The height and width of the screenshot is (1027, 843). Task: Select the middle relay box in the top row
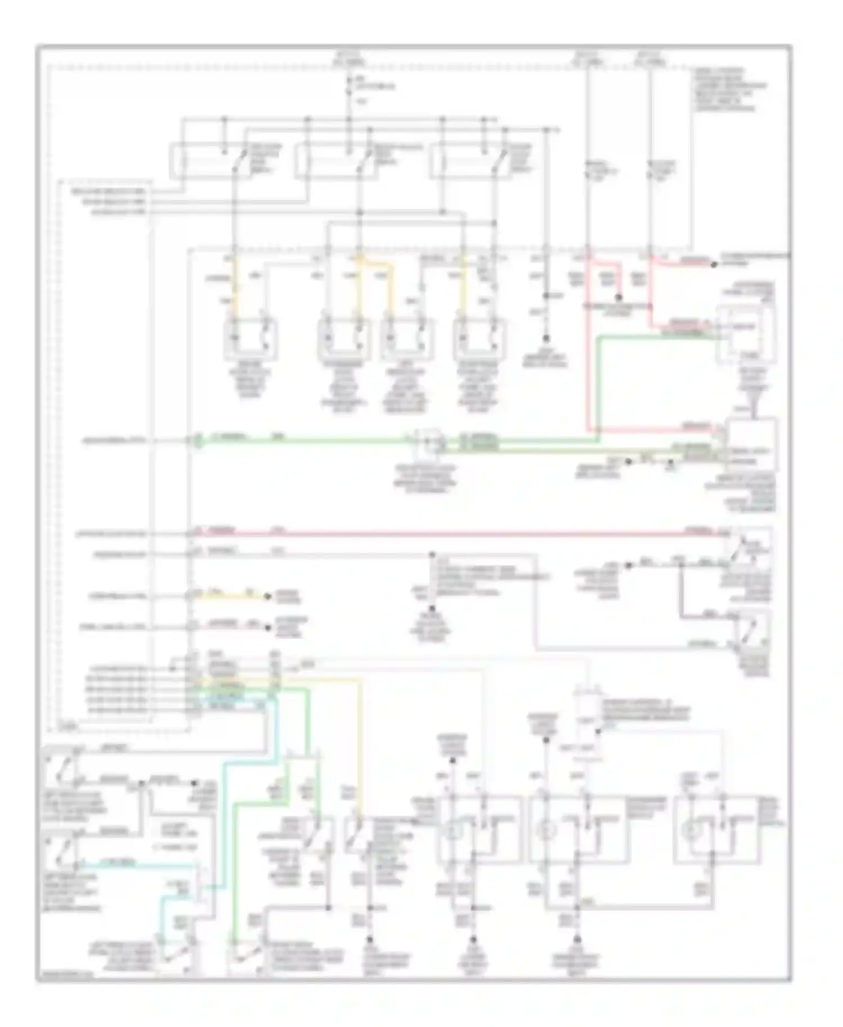[x=336, y=161]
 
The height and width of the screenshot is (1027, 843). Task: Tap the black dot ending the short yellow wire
[x=268, y=596]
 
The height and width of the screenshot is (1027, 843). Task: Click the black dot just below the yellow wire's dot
[x=268, y=626]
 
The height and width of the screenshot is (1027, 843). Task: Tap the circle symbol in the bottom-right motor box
[x=690, y=830]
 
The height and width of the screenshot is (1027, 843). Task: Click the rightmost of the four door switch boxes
[x=479, y=338]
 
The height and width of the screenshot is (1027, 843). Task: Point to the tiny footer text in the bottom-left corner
[x=65, y=977]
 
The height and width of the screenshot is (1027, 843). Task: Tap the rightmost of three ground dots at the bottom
[x=577, y=939]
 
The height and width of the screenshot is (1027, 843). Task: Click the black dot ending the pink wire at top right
[x=714, y=263]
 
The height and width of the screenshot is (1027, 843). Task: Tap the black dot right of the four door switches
[x=545, y=339]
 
